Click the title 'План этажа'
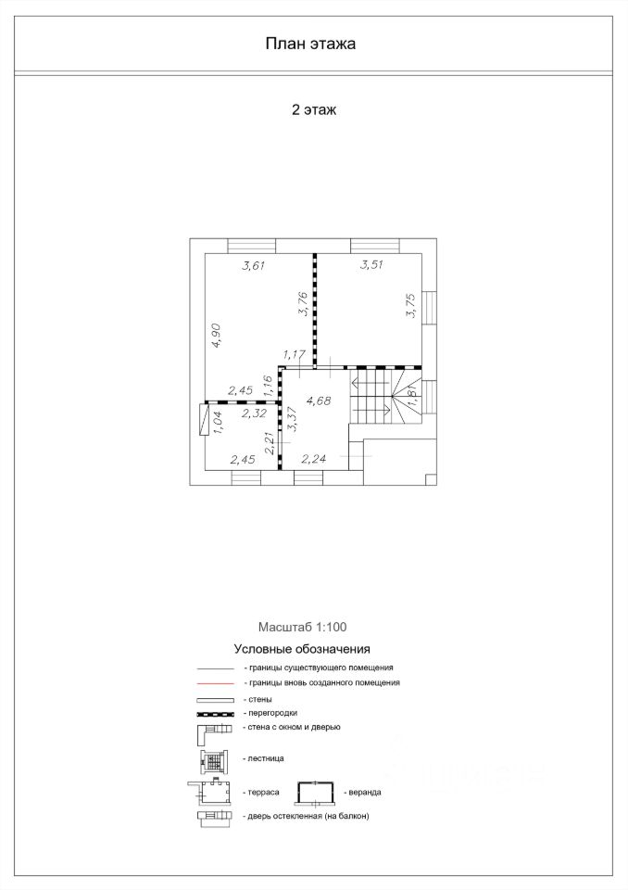click(310, 44)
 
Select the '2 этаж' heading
click(314, 109)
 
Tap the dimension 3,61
click(254, 265)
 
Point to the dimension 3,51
click(371, 264)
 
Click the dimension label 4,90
click(216, 336)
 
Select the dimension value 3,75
click(411, 305)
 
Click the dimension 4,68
click(319, 400)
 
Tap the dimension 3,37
click(292, 419)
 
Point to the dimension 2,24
click(314, 459)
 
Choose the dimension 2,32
click(254, 413)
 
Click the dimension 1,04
click(217, 423)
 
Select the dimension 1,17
click(295, 355)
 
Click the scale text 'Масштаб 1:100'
click(302, 628)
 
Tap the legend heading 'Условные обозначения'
click(302, 649)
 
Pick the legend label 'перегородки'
click(273, 713)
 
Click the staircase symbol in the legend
click(214, 762)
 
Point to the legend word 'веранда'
click(365, 793)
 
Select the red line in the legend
click(216, 683)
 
